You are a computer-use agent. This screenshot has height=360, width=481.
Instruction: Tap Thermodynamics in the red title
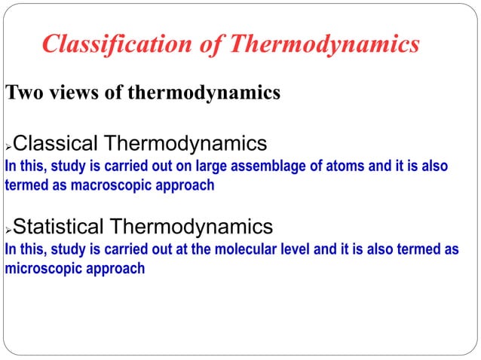click(x=324, y=44)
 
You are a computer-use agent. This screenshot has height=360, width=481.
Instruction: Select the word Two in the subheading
click(x=23, y=93)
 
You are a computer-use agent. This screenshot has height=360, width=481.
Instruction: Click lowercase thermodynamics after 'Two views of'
click(x=204, y=93)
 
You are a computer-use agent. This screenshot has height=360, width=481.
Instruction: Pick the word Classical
click(x=56, y=143)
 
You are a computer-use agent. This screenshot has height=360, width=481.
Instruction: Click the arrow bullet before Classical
click(x=8, y=145)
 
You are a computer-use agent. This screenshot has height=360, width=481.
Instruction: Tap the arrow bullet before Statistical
click(x=8, y=227)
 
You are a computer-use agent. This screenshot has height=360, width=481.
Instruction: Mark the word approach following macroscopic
click(x=188, y=185)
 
